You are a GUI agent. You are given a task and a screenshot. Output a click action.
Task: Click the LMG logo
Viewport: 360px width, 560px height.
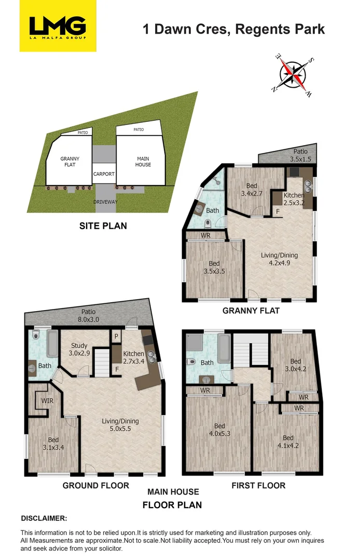(58, 26)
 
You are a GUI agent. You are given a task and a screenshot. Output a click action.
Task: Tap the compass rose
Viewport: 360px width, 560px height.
(292, 73)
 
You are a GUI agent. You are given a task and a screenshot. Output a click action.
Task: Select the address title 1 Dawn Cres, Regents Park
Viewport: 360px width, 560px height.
(234, 29)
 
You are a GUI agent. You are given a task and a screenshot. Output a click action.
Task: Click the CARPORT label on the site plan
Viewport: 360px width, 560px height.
(103, 174)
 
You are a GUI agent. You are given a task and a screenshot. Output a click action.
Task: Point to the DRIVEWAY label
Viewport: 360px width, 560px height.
(105, 201)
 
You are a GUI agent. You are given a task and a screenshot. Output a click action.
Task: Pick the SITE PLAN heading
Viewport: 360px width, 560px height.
(103, 226)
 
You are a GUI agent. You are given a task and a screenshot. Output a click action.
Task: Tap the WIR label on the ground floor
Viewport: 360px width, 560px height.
(47, 400)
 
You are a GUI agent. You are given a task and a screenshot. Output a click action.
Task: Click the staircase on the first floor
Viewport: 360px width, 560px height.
(251, 349)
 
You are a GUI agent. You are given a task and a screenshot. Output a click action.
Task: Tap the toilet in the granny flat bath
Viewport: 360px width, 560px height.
(208, 224)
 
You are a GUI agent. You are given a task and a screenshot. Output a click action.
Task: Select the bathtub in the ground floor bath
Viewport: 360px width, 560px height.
(52, 344)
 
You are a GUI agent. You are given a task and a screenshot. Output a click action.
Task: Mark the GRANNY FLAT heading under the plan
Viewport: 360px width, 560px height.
(251, 311)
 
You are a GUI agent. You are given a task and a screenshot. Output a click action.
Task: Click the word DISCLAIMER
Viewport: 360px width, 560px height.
(44, 518)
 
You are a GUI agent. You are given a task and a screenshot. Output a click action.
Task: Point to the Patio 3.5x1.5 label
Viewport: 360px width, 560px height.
(300, 156)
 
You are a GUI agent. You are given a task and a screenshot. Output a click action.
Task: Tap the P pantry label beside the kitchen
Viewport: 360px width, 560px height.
(116, 336)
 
